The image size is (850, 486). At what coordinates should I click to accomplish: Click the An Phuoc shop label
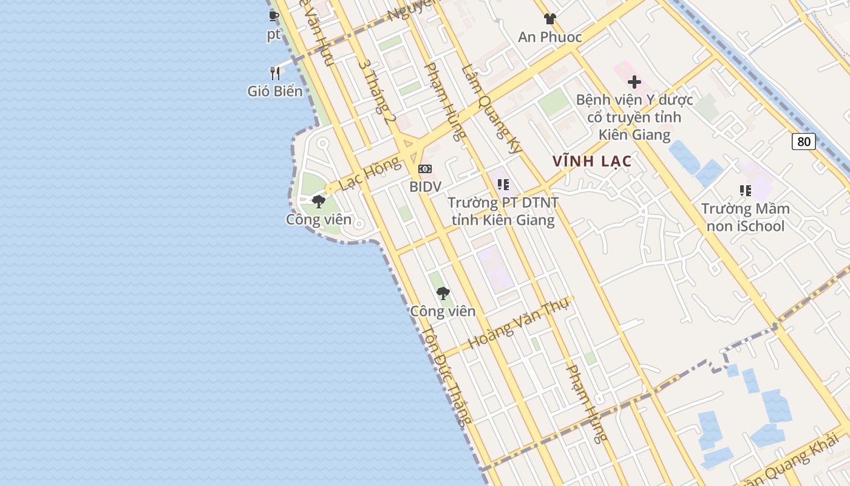click(x=549, y=37)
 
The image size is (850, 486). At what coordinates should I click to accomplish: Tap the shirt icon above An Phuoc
click(x=549, y=19)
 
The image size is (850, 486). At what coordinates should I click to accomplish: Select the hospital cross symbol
click(x=634, y=81)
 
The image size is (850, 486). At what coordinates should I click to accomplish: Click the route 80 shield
click(x=803, y=142)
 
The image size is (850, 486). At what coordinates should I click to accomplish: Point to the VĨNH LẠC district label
click(x=592, y=162)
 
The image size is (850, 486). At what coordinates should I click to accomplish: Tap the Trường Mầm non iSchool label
click(x=745, y=217)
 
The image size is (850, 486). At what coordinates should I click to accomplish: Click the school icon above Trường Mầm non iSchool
click(x=745, y=191)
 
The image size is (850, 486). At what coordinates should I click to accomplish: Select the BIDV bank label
click(x=425, y=187)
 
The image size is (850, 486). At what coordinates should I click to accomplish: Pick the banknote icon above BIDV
click(x=425, y=168)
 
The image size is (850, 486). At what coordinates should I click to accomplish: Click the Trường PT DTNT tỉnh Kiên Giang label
click(x=502, y=211)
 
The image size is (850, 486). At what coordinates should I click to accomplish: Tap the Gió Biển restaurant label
click(x=274, y=91)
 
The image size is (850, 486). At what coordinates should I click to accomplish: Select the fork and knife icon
click(x=275, y=74)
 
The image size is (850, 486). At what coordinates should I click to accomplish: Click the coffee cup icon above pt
click(x=274, y=16)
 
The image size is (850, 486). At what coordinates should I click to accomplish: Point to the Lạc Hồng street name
click(x=370, y=173)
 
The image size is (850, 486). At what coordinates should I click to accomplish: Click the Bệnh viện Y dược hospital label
click(x=634, y=117)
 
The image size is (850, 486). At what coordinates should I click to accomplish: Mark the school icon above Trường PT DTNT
click(x=503, y=184)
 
